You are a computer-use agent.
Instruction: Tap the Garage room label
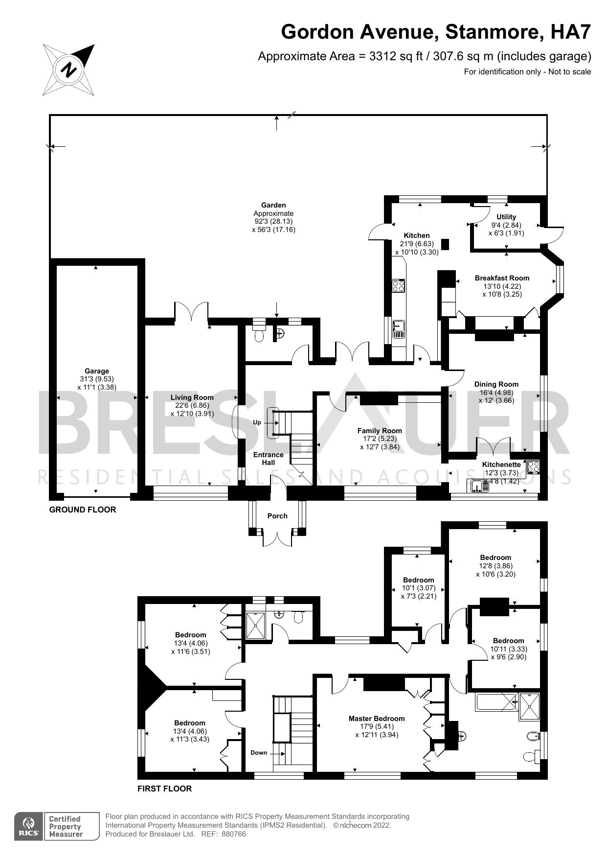[x=96, y=371]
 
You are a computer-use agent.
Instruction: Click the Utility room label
[x=506, y=217]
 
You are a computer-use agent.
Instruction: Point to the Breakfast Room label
[x=502, y=278]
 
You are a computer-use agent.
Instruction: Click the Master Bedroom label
[x=377, y=719]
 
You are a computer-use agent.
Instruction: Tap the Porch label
[x=277, y=516]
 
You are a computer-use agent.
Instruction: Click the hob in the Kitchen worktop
[x=398, y=285]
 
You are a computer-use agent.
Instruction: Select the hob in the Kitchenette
[x=533, y=466]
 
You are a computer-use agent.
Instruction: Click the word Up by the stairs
[x=257, y=422]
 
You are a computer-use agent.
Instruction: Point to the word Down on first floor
[x=259, y=753]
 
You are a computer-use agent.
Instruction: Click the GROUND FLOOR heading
[x=83, y=510]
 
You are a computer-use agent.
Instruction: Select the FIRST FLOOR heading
[x=164, y=789]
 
